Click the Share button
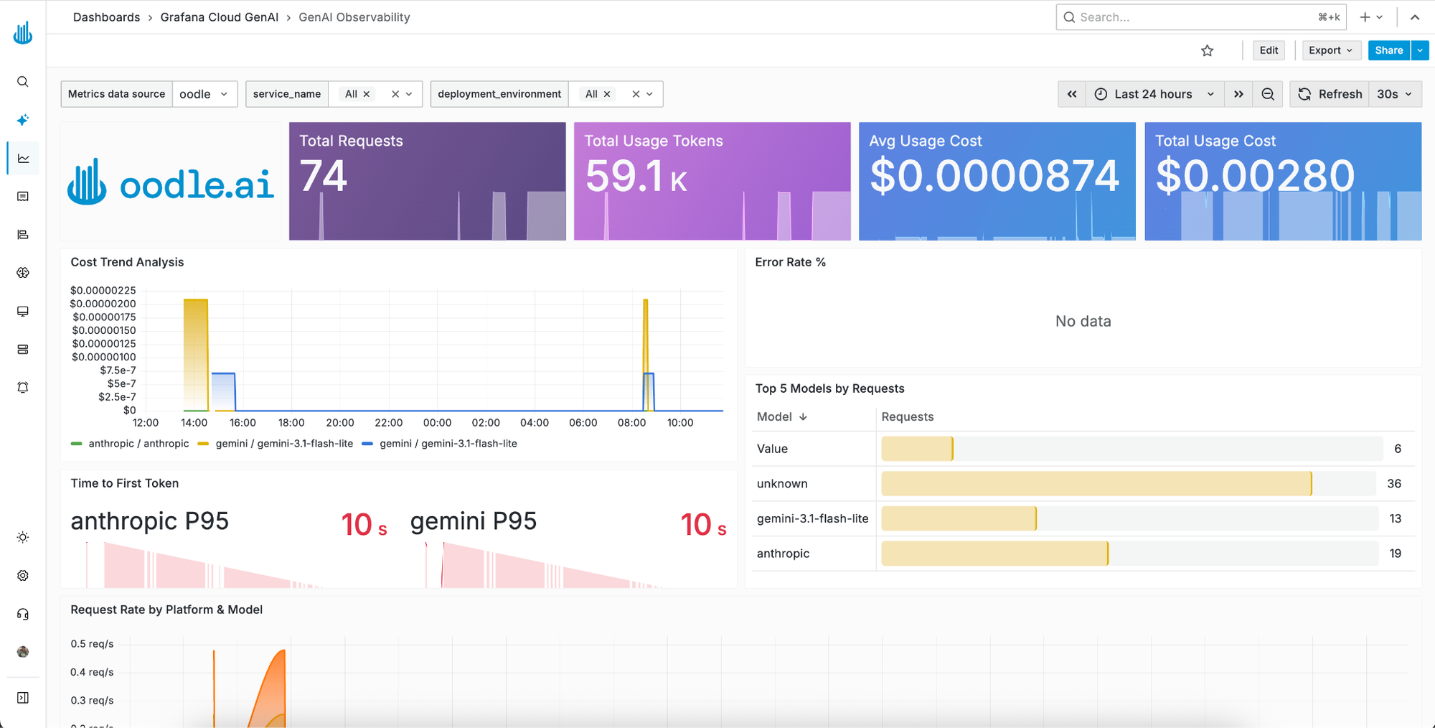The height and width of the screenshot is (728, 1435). click(x=1388, y=50)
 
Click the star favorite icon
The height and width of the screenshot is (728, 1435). click(x=1208, y=50)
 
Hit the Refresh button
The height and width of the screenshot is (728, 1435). click(x=1330, y=94)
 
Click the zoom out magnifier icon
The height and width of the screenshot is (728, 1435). click(x=1268, y=94)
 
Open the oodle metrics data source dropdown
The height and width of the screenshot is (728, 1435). click(x=204, y=94)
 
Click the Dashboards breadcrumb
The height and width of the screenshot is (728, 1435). click(x=106, y=17)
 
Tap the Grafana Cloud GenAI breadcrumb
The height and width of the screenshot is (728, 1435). click(x=220, y=17)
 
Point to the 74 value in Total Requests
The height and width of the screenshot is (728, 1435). click(x=323, y=176)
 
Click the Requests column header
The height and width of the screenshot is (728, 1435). click(x=908, y=416)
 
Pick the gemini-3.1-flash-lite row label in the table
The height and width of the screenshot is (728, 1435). click(x=812, y=518)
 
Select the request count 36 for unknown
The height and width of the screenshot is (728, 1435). click(x=1394, y=483)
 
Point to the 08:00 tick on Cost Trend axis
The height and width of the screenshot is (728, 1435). click(x=631, y=423)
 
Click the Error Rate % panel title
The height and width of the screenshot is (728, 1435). click(x=790, y=262)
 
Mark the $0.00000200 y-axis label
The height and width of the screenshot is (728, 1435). click(x=103, y=304)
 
